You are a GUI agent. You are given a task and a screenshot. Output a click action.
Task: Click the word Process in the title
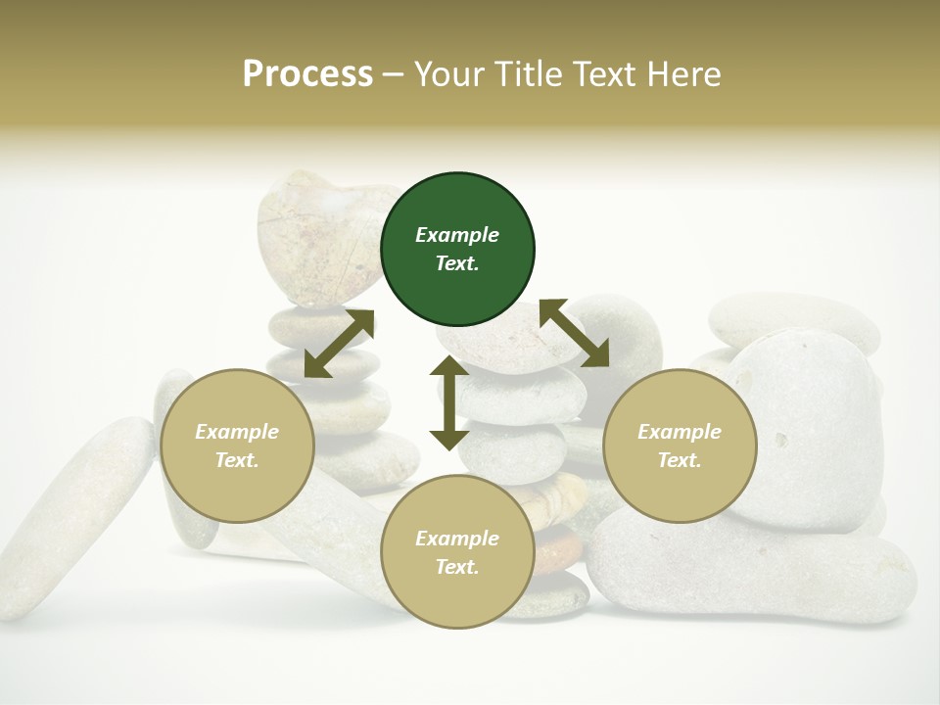307,74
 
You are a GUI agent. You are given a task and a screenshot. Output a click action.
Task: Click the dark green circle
457,250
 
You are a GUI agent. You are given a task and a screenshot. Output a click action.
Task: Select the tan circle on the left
237,446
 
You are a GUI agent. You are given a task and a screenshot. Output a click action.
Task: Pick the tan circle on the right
680,446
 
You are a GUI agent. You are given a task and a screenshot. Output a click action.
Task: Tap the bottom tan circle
457,552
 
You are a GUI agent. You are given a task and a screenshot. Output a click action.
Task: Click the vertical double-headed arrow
449,403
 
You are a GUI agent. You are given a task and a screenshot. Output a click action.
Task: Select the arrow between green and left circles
339,344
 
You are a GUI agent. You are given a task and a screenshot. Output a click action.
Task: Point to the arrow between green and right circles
575,333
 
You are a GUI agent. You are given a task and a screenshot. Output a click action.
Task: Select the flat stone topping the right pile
793,318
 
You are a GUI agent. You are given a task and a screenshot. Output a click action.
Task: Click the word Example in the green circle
457,235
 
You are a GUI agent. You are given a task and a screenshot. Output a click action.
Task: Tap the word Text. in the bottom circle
457,567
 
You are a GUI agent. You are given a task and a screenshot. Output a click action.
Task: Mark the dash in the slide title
394,75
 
